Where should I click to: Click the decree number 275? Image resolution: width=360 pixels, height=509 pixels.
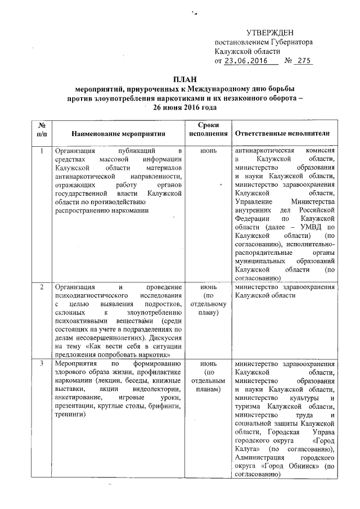[304, 61]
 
